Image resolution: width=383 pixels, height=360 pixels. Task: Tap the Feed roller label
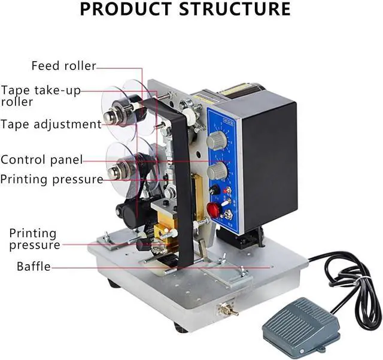(63, 66)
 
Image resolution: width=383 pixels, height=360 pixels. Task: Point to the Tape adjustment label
(51, 125)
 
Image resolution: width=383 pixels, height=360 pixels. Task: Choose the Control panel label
(41, 160)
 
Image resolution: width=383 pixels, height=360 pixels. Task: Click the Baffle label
(34, 267)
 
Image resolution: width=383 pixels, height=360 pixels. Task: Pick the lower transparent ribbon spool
(123, 165)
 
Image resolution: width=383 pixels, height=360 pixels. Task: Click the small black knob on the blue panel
(214, 190)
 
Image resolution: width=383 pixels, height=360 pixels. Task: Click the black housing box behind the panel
(272, 162)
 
